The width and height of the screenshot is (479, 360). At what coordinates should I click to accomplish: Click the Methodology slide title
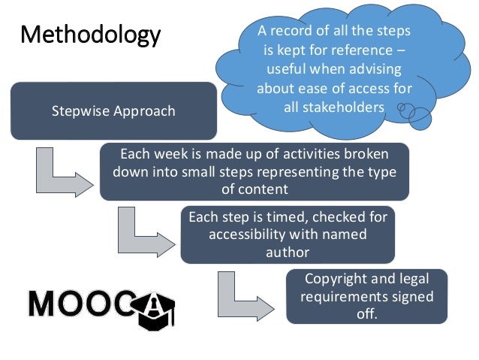click(x=90, y=35)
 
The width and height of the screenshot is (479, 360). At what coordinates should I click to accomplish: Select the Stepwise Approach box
click(x=113, y=111)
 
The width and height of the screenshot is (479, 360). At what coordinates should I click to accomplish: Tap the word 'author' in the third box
click(x=288, y=252)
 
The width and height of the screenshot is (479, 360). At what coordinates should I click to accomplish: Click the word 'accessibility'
click(x=249, y=234)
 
